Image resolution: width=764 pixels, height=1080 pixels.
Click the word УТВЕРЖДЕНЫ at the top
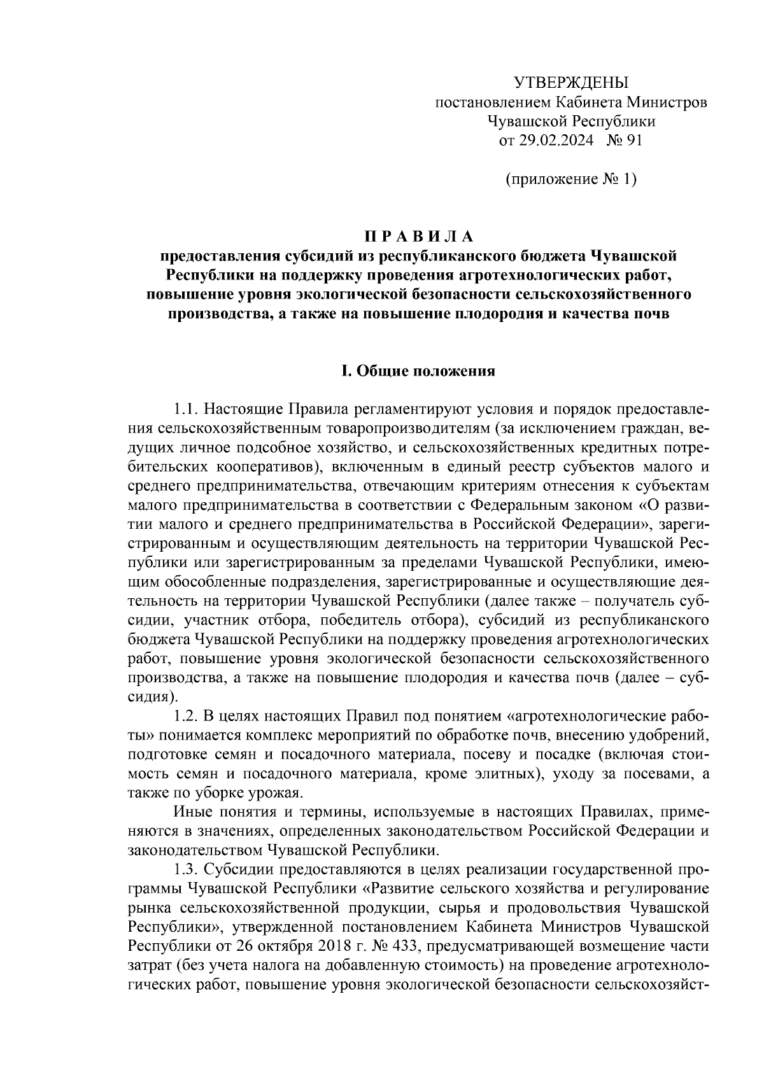570,83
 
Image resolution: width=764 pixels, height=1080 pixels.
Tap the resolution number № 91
625,140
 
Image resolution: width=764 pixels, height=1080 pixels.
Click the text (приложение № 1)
570,179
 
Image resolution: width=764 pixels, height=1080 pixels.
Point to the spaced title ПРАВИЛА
418,237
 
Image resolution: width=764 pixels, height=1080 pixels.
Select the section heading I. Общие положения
418,371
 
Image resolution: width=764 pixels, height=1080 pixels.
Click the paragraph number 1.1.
186,407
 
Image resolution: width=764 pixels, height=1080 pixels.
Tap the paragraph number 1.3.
186,869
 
